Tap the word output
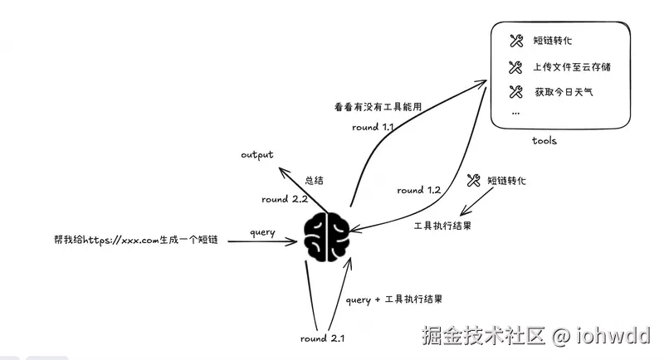(x=257, y=155)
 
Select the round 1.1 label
(x=373, y=128)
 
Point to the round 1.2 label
(x=418, y=190)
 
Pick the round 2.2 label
(x=285, y=199)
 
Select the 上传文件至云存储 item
(x=572, y=66)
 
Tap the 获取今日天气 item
(x=564, y=91)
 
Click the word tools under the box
(x=544, y=141)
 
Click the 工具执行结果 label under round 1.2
(x=443, y=225)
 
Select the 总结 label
(x=315, y=178)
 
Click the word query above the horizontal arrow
(x=261, y=232)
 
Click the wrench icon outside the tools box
(x=474, y=179)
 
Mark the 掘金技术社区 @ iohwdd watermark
(x=535, y=335)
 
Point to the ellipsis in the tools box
(x=515, y=111)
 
